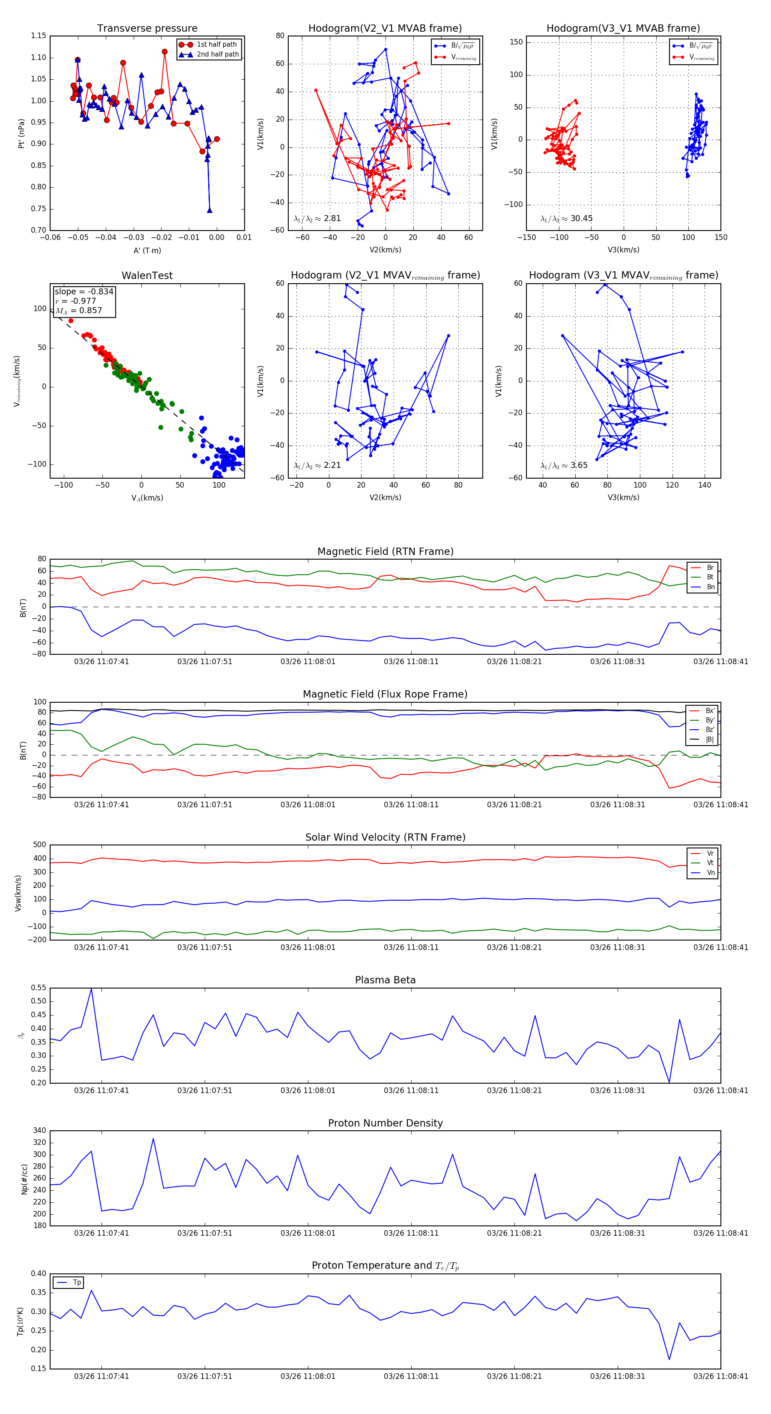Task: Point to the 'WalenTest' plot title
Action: (147, 276)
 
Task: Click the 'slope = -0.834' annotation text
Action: (84, 291)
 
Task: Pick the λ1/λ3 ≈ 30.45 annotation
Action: (566, 219)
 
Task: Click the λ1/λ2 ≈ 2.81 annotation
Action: (317, 219)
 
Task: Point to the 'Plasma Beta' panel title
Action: (385, 980)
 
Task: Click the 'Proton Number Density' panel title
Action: (385, 1123)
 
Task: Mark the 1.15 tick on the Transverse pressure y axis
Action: (39, 36)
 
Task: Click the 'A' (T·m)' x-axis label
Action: (147, 250)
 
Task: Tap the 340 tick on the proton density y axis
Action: (39, 1131)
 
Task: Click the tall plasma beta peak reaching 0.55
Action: (91, 989)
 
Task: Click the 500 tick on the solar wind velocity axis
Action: (39, 845)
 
